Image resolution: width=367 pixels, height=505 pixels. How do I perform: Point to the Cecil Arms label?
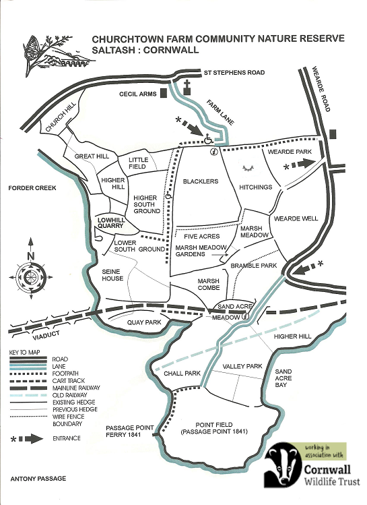coord(137,94)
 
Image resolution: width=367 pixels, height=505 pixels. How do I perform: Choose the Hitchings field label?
coord(255,187)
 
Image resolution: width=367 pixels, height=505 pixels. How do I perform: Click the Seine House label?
coord(112,275)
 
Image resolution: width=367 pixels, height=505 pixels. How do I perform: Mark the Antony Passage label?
coord(38,478)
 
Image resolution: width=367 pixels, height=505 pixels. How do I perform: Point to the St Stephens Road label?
coord(234,72)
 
